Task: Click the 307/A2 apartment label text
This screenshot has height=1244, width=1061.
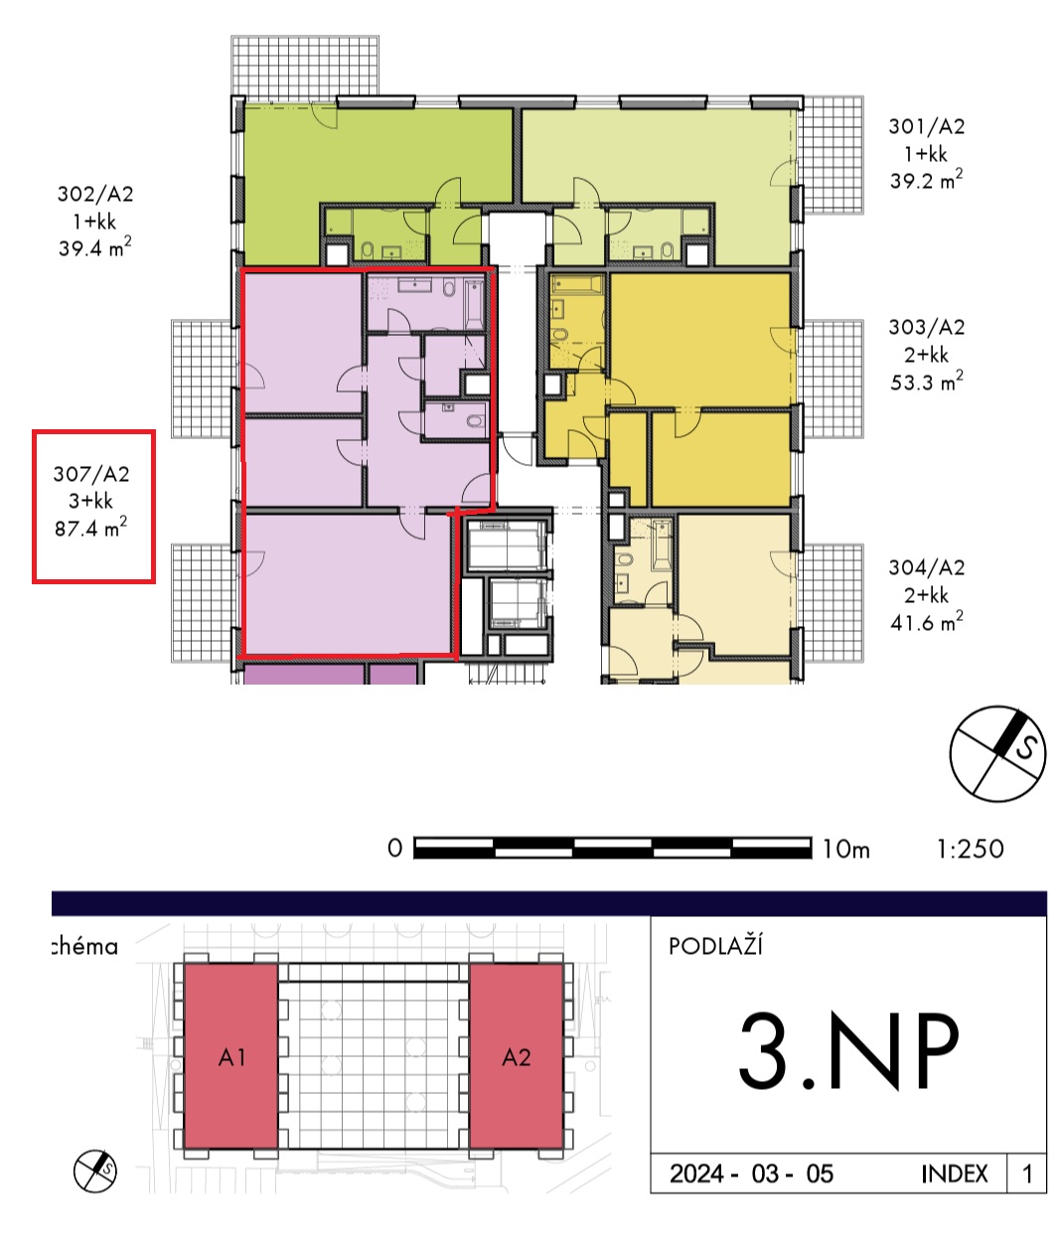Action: (x=91, y=474)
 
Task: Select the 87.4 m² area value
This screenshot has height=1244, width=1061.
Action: (x=90, y=528)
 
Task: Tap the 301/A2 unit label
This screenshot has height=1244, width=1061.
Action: (x=927, y=126)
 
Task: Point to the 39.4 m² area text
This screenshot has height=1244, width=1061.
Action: (x=95, y=247)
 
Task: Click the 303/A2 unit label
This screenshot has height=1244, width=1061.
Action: (x=927, y=328)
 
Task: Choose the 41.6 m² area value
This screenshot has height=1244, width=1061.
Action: (x=927, y=622)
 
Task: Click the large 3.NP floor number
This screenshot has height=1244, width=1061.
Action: (x=848, y=1050)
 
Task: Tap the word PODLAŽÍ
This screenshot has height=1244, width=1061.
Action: (x=715, y=946)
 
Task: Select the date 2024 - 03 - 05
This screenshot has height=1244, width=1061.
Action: (x=751, y=1173)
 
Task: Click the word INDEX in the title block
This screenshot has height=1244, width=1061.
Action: (x=955, y=1173)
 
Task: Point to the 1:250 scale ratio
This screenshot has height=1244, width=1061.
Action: (x=971, y=850)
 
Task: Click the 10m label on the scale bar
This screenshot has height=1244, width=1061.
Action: (x=846, y=850)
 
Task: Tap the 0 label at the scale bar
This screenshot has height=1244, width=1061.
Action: (x=394, y=849)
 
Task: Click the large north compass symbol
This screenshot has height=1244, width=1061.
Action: (x=997, y=753)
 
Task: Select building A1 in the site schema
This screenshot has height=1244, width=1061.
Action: (x=231, y=1056)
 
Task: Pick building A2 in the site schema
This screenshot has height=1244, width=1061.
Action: (x=517, y=1056)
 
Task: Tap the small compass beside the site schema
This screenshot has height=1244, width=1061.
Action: (x=95, y=1171)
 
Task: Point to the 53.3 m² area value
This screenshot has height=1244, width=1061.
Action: (x=927, y=382)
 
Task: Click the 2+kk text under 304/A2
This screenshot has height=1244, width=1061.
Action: (x=926, y=595)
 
